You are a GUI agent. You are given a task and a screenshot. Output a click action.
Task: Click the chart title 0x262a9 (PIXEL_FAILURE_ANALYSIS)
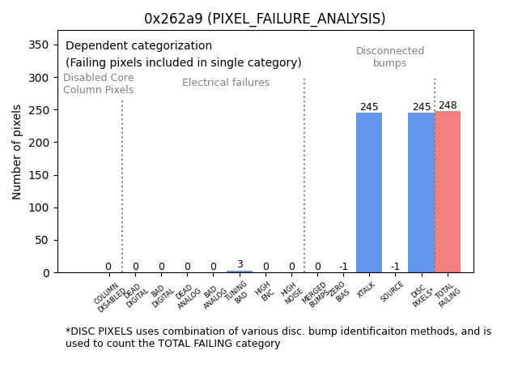point(264,19)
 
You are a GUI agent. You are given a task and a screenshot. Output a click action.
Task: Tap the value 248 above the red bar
point(448,105)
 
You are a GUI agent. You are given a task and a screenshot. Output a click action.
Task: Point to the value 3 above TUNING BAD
point(240,264)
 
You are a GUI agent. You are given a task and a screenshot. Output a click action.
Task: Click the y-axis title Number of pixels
point(17,152)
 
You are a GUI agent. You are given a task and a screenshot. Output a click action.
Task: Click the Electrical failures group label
point(226,83)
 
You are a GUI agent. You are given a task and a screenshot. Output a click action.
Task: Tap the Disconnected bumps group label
point(390,57)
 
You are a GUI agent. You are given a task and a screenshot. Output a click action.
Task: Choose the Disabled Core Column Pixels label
point(99,83)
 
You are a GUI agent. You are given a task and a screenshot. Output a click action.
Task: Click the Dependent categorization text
point(138,46)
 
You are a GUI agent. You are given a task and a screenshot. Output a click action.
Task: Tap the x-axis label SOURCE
point(393,292)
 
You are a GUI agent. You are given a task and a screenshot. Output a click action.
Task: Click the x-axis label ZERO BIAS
point(340,292)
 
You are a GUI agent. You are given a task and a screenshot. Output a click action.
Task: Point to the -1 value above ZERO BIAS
point(343,267)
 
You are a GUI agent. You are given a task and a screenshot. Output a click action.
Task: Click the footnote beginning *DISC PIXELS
point(278,337)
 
